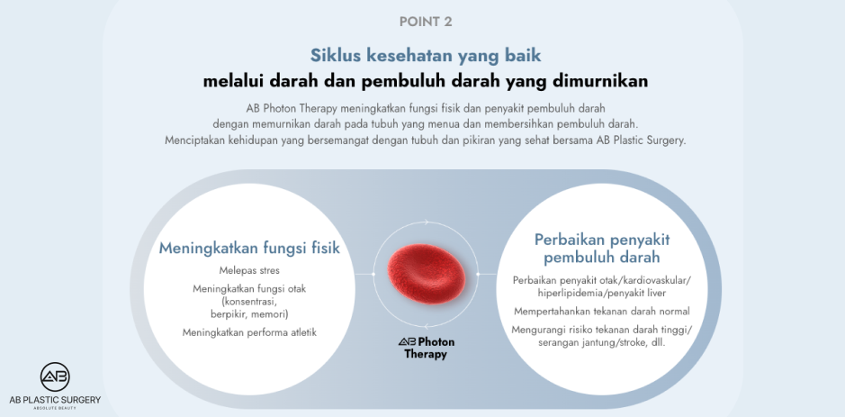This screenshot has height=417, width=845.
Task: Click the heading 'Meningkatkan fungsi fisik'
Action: pos(249,249)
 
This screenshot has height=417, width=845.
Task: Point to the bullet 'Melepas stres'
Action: pos(249,270)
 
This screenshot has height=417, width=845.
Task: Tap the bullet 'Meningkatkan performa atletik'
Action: pos(249,332)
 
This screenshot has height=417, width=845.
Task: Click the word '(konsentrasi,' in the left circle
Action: pos(249,302)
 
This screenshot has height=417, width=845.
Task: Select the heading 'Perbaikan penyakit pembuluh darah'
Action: pos(602,249)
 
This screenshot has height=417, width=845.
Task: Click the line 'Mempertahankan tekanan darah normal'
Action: pos(602,311)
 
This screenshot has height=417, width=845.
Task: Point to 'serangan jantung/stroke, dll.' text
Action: pos(602,342)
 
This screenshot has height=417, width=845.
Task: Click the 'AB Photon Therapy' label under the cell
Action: pos(427,349)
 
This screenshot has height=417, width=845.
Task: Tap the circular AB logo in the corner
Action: pos(55,377)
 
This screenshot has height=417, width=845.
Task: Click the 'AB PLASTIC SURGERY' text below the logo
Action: pos(55,400)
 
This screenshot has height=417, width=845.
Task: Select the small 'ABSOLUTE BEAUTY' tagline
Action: pos(55,409)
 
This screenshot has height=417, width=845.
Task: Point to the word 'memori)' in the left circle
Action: pos(270,314)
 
